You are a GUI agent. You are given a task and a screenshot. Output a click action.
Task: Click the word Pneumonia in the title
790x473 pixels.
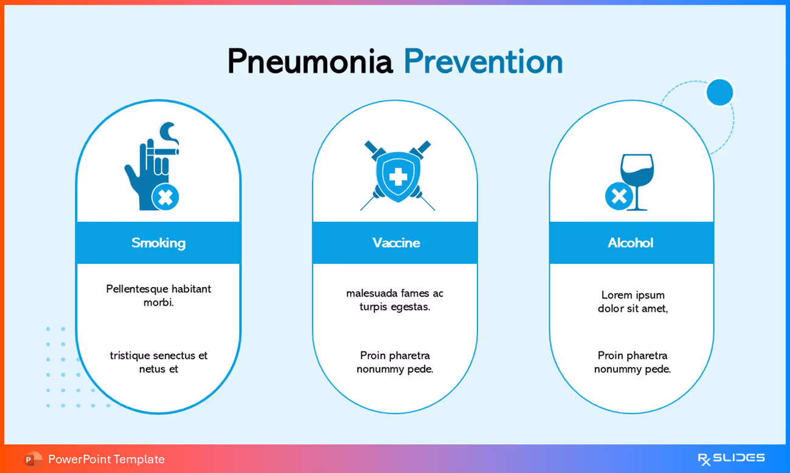310,62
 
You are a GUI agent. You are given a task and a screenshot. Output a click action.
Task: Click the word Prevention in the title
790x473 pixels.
483,62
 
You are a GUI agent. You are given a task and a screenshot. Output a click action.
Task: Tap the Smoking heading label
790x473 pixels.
158,243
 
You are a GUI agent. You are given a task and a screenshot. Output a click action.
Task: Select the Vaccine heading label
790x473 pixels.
396,243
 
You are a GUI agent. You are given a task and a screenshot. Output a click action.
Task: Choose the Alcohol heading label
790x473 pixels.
631,243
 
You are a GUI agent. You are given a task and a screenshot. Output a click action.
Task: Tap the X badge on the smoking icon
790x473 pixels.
165,197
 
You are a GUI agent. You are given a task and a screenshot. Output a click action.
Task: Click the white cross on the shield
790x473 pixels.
398,177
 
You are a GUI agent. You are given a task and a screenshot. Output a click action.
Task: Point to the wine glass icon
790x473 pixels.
637,179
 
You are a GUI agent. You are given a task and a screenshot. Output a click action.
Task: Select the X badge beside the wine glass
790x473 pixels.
618,196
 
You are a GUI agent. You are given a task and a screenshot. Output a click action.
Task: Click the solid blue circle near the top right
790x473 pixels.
719,92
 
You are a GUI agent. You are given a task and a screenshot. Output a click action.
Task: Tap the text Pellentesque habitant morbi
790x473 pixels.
158,295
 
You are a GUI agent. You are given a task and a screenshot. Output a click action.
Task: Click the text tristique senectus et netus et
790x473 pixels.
158,362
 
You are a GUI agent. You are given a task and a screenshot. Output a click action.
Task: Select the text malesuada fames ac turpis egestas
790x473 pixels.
395,300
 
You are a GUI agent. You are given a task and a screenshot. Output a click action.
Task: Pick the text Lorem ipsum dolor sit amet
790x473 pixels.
632,302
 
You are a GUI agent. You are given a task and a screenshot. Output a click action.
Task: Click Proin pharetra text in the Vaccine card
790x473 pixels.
395,362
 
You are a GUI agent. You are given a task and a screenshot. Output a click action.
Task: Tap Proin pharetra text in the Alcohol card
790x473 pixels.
632,362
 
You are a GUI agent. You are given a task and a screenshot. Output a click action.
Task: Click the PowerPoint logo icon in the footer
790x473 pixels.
33,459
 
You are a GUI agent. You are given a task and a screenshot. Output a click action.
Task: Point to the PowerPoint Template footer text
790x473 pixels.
106,459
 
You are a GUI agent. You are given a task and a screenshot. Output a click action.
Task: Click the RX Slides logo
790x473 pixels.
731,458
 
